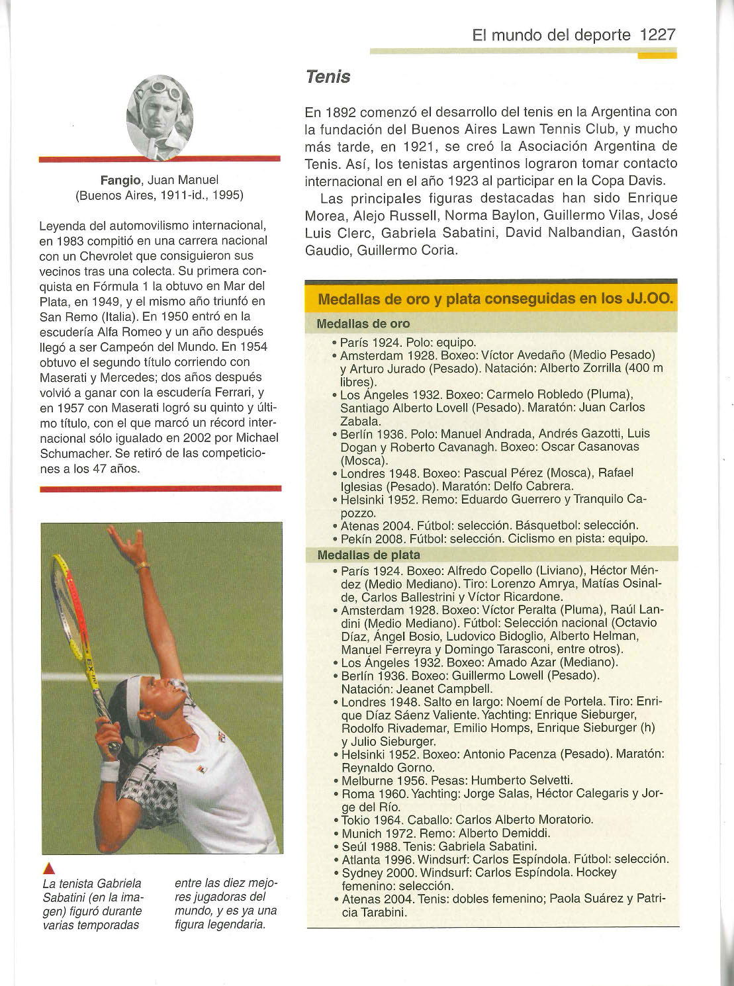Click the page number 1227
tap(658, 35)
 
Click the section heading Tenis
tap(328, 77)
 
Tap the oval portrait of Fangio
tap(160, 116)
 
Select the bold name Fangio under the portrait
tap(120, 180)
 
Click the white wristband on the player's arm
tap(110, 770)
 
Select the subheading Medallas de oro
tap(363, 324)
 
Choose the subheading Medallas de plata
tap(368, 555)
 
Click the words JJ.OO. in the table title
tap(649, 299)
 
